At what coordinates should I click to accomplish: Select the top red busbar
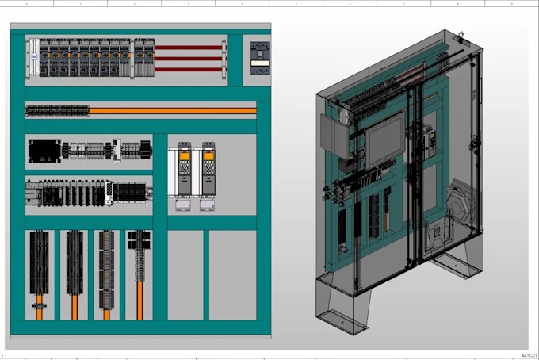point(188,48)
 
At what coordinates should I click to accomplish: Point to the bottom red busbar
point(188,69)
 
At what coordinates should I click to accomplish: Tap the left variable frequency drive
point(184,169)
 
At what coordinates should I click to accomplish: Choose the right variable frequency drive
point(208,169)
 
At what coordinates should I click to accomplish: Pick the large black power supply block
point(44,150)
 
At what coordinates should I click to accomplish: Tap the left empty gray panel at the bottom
point(185,274)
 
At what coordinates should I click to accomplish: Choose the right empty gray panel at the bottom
point(232,274)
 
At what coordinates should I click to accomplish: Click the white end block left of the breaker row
point(32,58)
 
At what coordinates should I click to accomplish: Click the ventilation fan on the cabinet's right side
point(461,203)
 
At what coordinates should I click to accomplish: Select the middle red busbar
point(188,58)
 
